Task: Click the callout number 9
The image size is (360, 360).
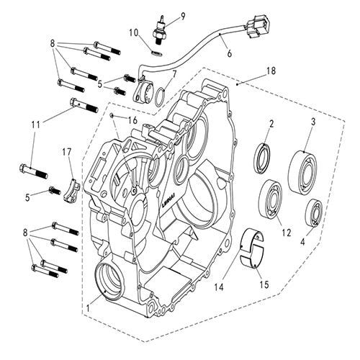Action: coord(182,16)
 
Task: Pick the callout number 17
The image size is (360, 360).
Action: coord(66,152)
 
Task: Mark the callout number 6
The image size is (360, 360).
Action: coord(229,53)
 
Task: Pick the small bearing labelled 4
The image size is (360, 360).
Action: coord(313,212)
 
